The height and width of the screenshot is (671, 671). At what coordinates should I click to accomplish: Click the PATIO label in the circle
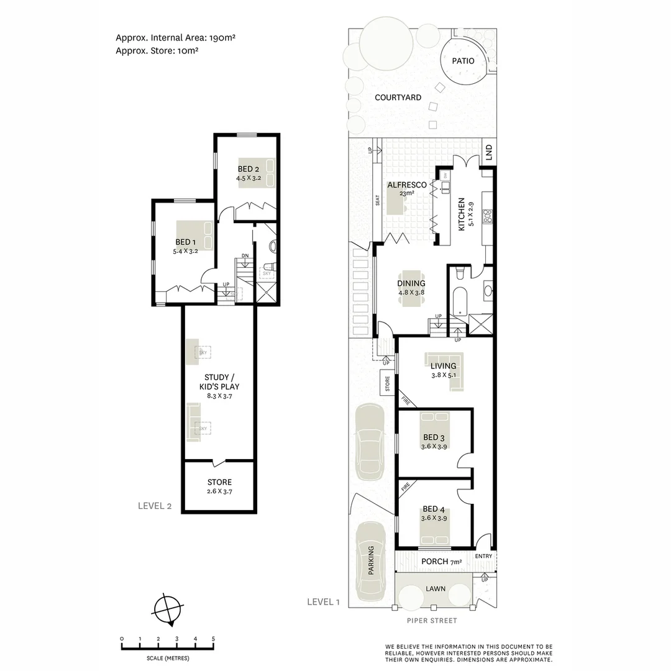[x=463, y=61]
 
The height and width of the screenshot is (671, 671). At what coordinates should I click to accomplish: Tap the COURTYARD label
[x=398, y=98]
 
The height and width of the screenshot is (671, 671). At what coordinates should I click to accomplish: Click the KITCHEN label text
[x=462, y=214]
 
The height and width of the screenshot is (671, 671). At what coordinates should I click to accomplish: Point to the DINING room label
[x=411, y=283]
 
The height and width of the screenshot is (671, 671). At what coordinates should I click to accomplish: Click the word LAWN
[x=435, y=588]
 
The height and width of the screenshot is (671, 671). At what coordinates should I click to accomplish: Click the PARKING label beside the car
[x=371, y=560]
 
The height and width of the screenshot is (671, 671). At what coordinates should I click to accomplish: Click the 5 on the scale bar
[x=213, y=639]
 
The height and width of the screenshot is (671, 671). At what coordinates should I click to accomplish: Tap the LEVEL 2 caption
[x=155, y=506]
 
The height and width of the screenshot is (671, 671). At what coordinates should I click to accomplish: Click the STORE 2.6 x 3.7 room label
[x=219, y=482]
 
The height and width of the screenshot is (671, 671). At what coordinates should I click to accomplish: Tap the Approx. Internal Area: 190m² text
[x=175, y=38]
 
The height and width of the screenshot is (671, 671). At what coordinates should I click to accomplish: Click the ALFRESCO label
[x=407, y=185]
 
